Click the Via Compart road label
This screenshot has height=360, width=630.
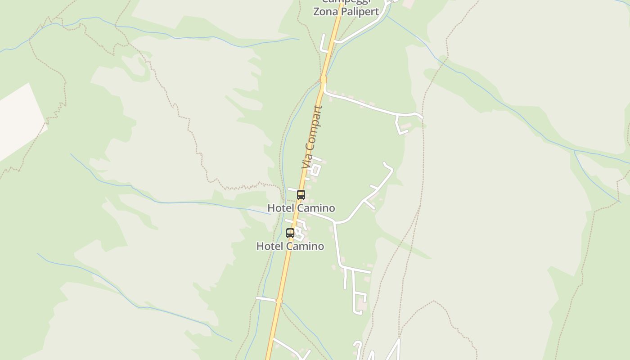tap(313, 137)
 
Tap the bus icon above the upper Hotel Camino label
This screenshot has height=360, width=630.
tap(301, 195)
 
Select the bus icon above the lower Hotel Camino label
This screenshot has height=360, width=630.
tap(290, 233)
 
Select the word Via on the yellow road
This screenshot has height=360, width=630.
tap(307, 160)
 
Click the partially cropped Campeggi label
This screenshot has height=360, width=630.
tap(346, 2)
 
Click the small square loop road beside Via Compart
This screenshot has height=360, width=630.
tap(315, 169)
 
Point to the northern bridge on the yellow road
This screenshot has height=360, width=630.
tap(324, 80)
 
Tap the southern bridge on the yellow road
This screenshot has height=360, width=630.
tap(279, 301)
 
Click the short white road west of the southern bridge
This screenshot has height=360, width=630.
tap(266, 299)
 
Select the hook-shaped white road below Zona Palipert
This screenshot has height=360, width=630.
tap(324, 45)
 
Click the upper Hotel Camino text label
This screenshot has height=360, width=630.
tap(301, 208)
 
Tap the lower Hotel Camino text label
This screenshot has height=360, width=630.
tap(290, 246)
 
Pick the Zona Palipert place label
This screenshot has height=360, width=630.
tap(346, 12)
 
